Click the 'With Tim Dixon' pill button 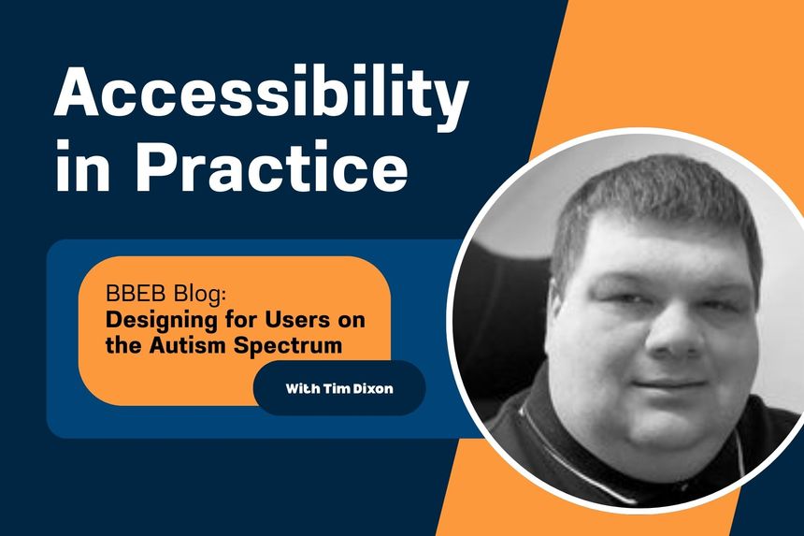pos(339,387)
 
